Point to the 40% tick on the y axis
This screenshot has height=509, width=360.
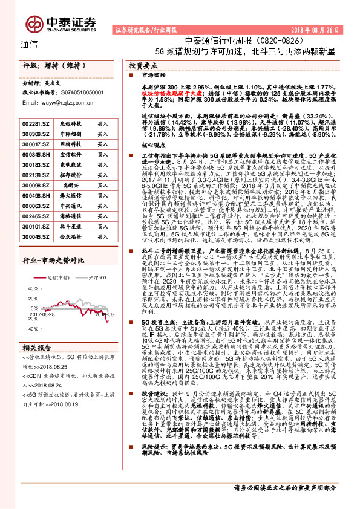pos(29,289)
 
